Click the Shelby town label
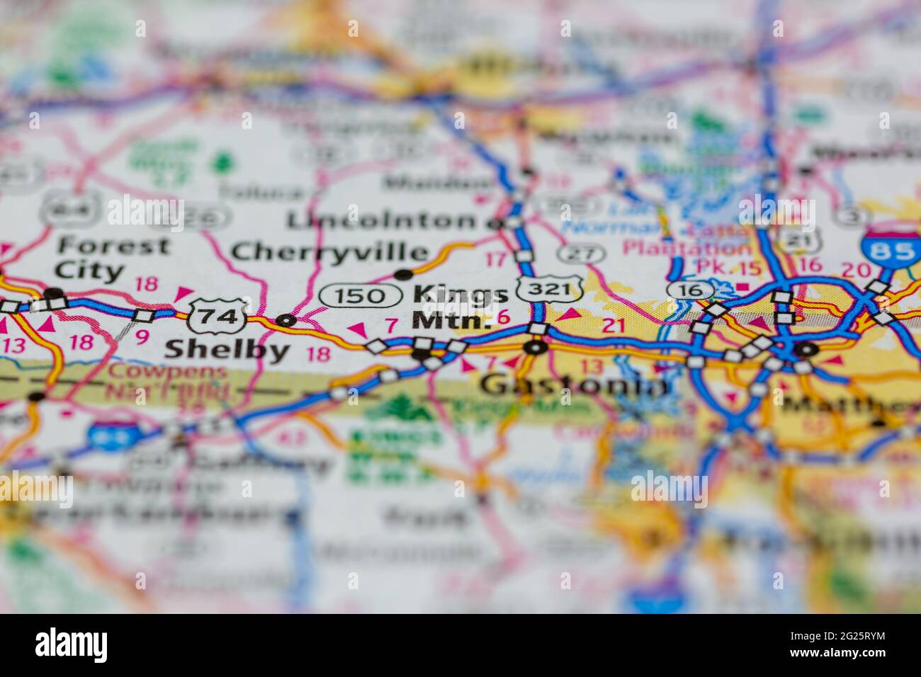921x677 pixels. pyautogui.click(x=227, y=349)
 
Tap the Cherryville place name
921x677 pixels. pyautogui.click(x=330, y=251)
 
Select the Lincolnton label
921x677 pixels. pyautogui.click(x=382, y=220)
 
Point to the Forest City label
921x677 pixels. pyautogui.click(x=113, y=258)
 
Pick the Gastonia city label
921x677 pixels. pyautogui.click(x=574, y=385)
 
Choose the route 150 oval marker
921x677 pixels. pyautogui.click(x=362, y=295)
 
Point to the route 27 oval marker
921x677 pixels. pyautogui.click(x=581, y=253)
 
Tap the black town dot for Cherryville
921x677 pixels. pyautogui.click(x=403, y=274)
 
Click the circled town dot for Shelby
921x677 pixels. pyautogui.click(x=286, y=320)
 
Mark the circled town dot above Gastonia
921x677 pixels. pyautogui.click(x=535, y=347)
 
